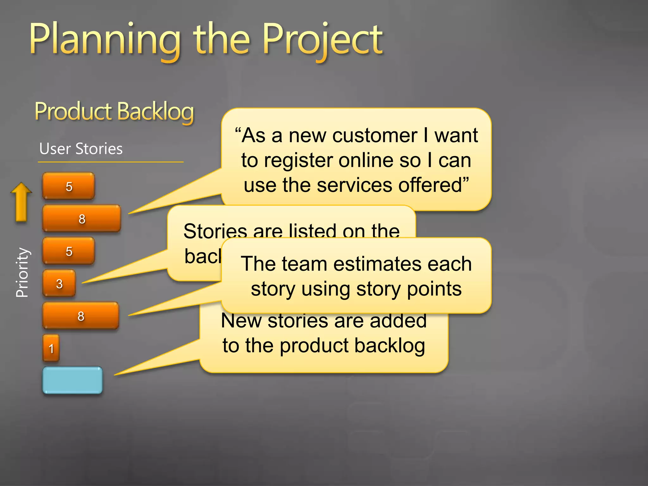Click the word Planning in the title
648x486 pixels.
click(104, 40)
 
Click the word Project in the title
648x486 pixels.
click(323, 40)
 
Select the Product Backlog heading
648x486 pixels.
click(114, 111)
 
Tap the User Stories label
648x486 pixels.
click(81, 149)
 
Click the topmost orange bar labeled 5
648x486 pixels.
click(69, 186)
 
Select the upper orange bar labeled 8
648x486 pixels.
click(82, 218)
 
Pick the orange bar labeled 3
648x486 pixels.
click(59, 283)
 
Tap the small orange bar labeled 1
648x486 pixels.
click(51, 348)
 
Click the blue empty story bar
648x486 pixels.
click(72, 380)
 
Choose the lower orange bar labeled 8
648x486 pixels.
click(81, 316)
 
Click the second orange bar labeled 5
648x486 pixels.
click(69, 251)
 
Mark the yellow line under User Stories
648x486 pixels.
click(111, 162)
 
